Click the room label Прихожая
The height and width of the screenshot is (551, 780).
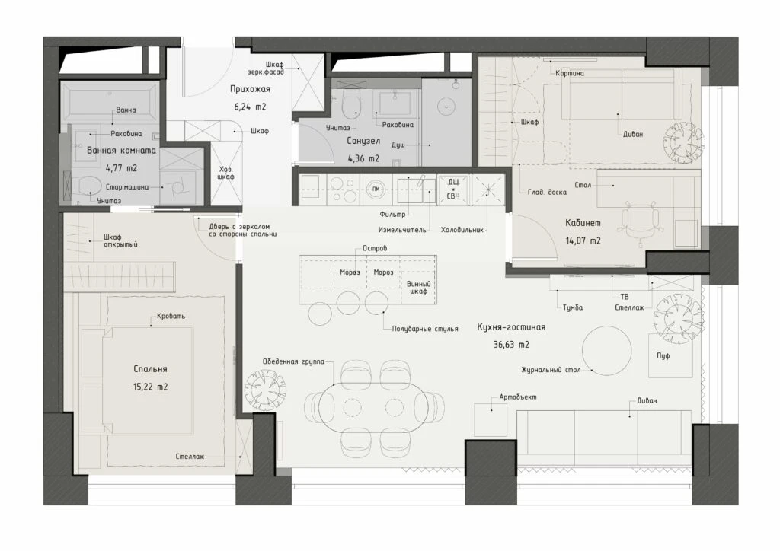pos(250,89)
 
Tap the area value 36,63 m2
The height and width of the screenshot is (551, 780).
pos(511,344)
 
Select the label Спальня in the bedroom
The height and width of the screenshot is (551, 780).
pos(150,369)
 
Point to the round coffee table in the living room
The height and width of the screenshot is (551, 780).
pos(607,350)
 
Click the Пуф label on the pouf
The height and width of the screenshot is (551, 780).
pos(663,355)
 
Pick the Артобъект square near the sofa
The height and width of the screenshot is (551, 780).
pos(491,420)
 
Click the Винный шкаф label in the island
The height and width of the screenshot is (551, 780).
pos(418,288)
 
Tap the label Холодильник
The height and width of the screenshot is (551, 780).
pos(462,230)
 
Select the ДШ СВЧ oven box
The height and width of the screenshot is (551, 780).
pos(453,190)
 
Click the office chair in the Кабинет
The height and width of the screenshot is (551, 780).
pos(640,222)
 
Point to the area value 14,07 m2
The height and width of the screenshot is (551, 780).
pos(583,241)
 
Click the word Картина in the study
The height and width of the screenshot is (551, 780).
pos(570,73)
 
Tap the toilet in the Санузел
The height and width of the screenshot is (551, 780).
pos(352,103)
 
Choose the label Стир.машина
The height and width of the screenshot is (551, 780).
pos(127,187)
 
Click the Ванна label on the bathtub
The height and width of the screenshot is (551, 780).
pos(126,110)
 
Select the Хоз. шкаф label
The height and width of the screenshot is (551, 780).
pos(225,173)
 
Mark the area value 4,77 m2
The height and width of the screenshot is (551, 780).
pos(121,168)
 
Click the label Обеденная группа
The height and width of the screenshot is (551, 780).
pos(293,361)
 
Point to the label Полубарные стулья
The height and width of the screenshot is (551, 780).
pos(425,329)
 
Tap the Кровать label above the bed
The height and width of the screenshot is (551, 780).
pos(171,316)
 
